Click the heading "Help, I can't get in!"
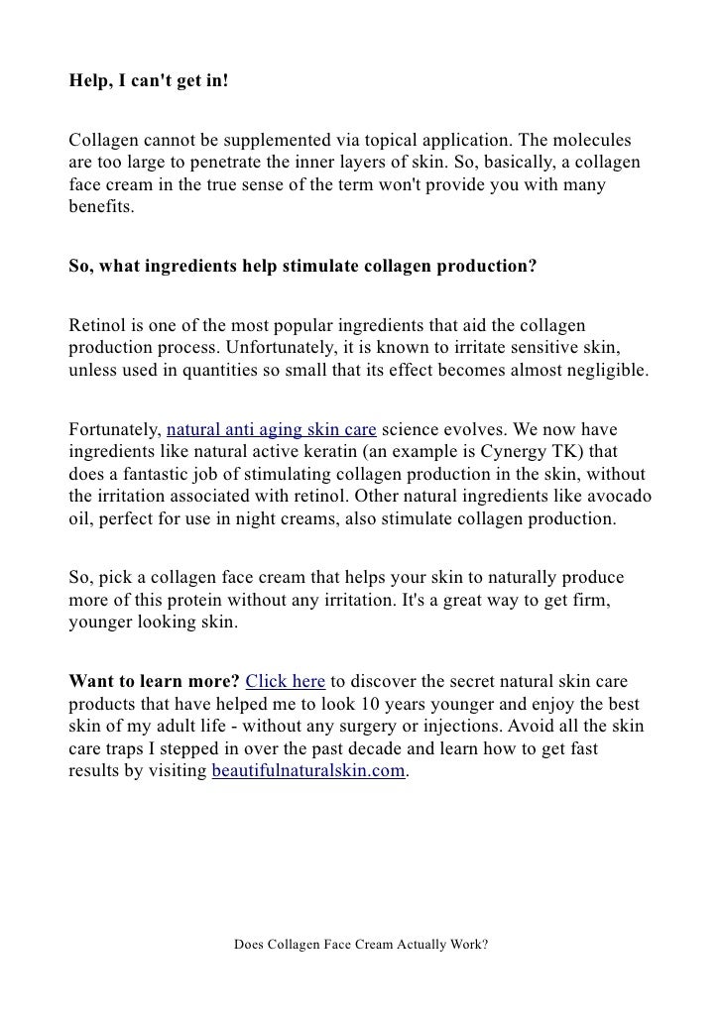(x=148, y=79)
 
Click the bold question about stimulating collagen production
(x=301, y=267)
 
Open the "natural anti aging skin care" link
(x=271, y=430)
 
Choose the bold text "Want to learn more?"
(x=153, y=682)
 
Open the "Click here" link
(x=285, y=682)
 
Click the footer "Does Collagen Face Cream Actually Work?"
(x=361, y=945)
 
